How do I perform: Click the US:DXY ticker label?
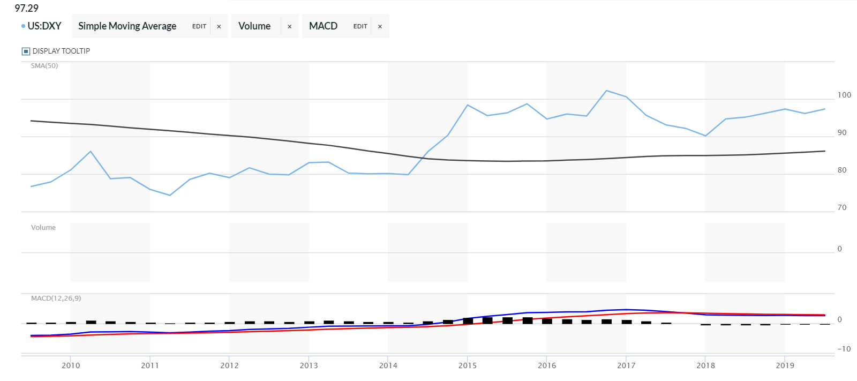44,26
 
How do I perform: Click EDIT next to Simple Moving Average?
199,26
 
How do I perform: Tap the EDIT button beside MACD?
360,26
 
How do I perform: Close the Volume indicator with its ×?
290,26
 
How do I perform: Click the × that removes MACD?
380,26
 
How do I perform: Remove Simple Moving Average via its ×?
219,26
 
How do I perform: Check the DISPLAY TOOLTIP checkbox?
26,51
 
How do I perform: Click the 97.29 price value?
26,8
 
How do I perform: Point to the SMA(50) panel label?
44,66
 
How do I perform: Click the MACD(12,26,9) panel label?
56,298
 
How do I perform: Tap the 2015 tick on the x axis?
467,365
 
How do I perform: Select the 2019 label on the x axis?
785,365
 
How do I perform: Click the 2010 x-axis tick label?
71,365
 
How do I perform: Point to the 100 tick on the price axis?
844,95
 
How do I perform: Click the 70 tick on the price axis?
842,207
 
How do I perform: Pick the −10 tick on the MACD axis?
844,349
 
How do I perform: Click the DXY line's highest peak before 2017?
606,91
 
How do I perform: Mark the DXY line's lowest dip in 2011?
170,195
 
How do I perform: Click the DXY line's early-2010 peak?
91,151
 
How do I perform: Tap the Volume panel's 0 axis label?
839,249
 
